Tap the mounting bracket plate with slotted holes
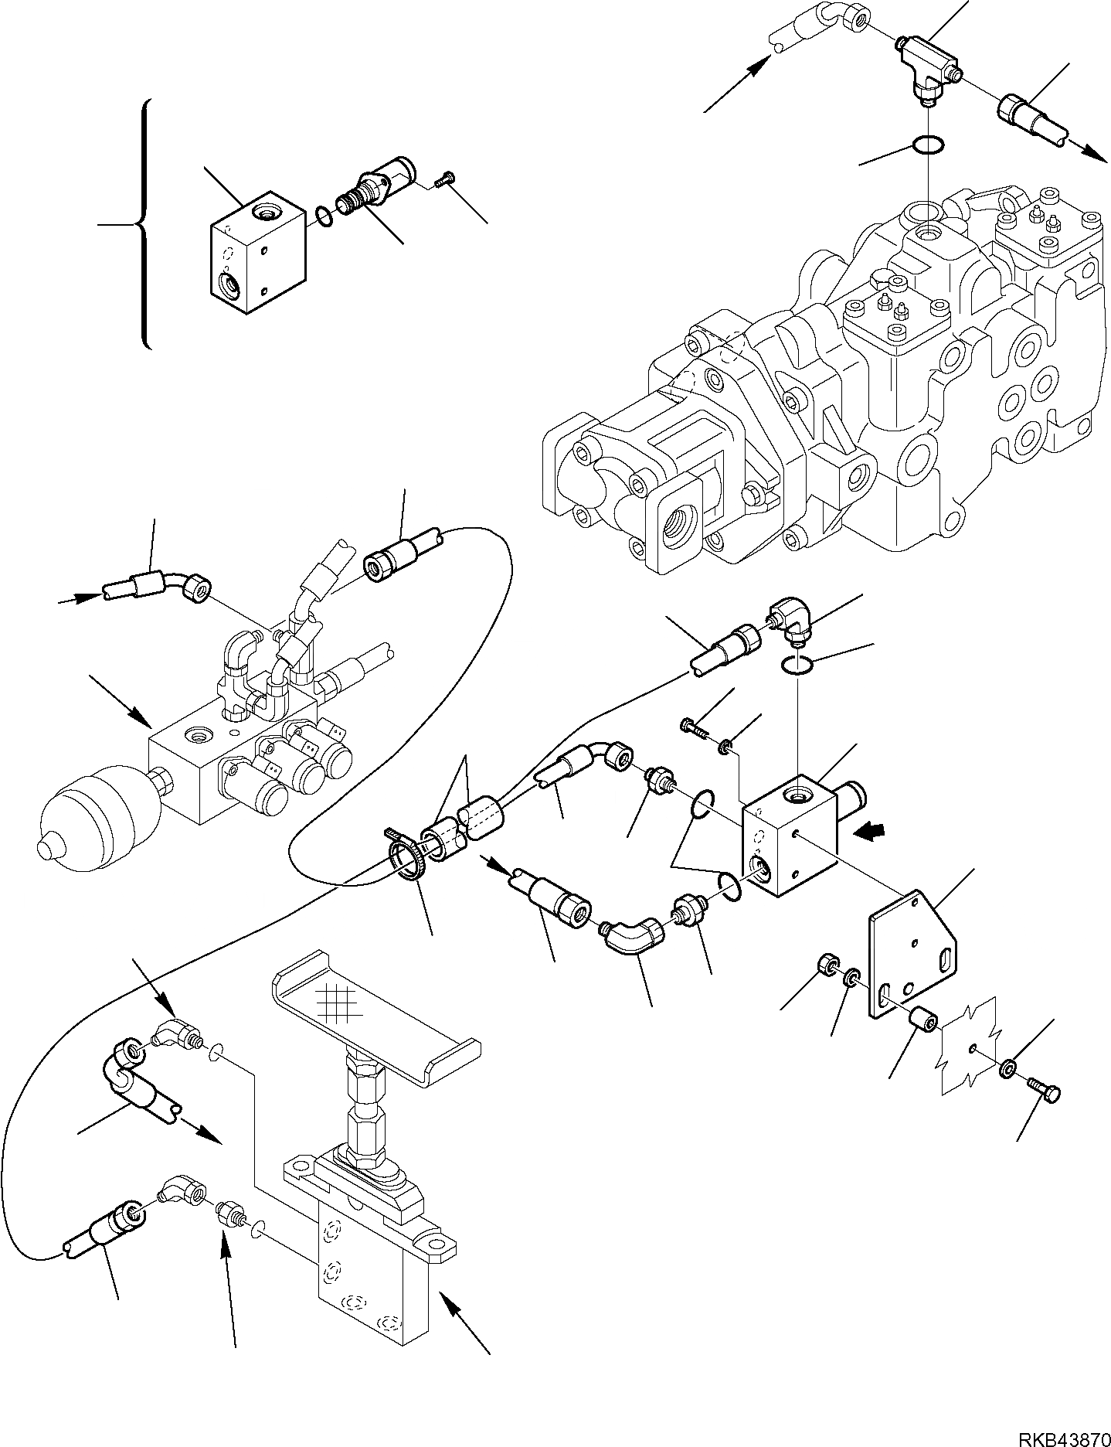pyautogui.click(x=913, y=955)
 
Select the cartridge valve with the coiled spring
pyautogui.click(x=375, y=189)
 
